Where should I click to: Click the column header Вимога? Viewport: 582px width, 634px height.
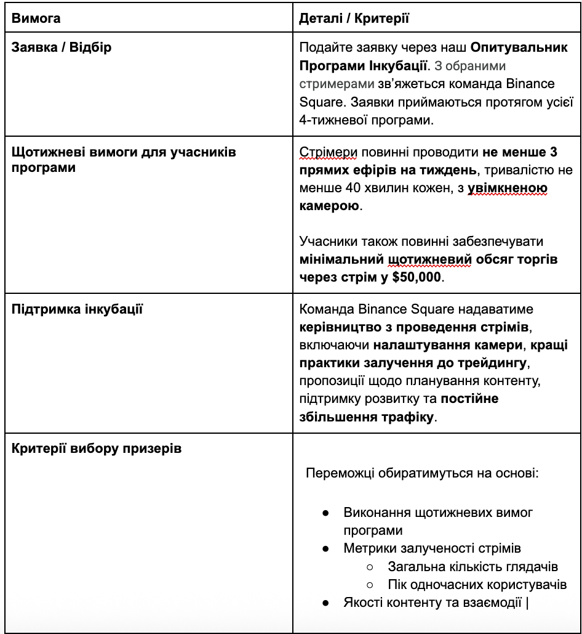[36, 18]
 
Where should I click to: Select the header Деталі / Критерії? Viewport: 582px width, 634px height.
[354, 18]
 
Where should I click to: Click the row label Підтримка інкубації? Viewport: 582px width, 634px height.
[78, 309]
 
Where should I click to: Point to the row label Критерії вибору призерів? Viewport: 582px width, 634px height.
[97, 448]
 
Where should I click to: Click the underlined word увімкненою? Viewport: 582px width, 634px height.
[508, 188]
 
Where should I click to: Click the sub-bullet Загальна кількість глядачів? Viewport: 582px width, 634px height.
[473, 567]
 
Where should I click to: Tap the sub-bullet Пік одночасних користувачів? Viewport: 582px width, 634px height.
[477, 585]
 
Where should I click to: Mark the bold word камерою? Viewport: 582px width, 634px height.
[329, 206]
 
